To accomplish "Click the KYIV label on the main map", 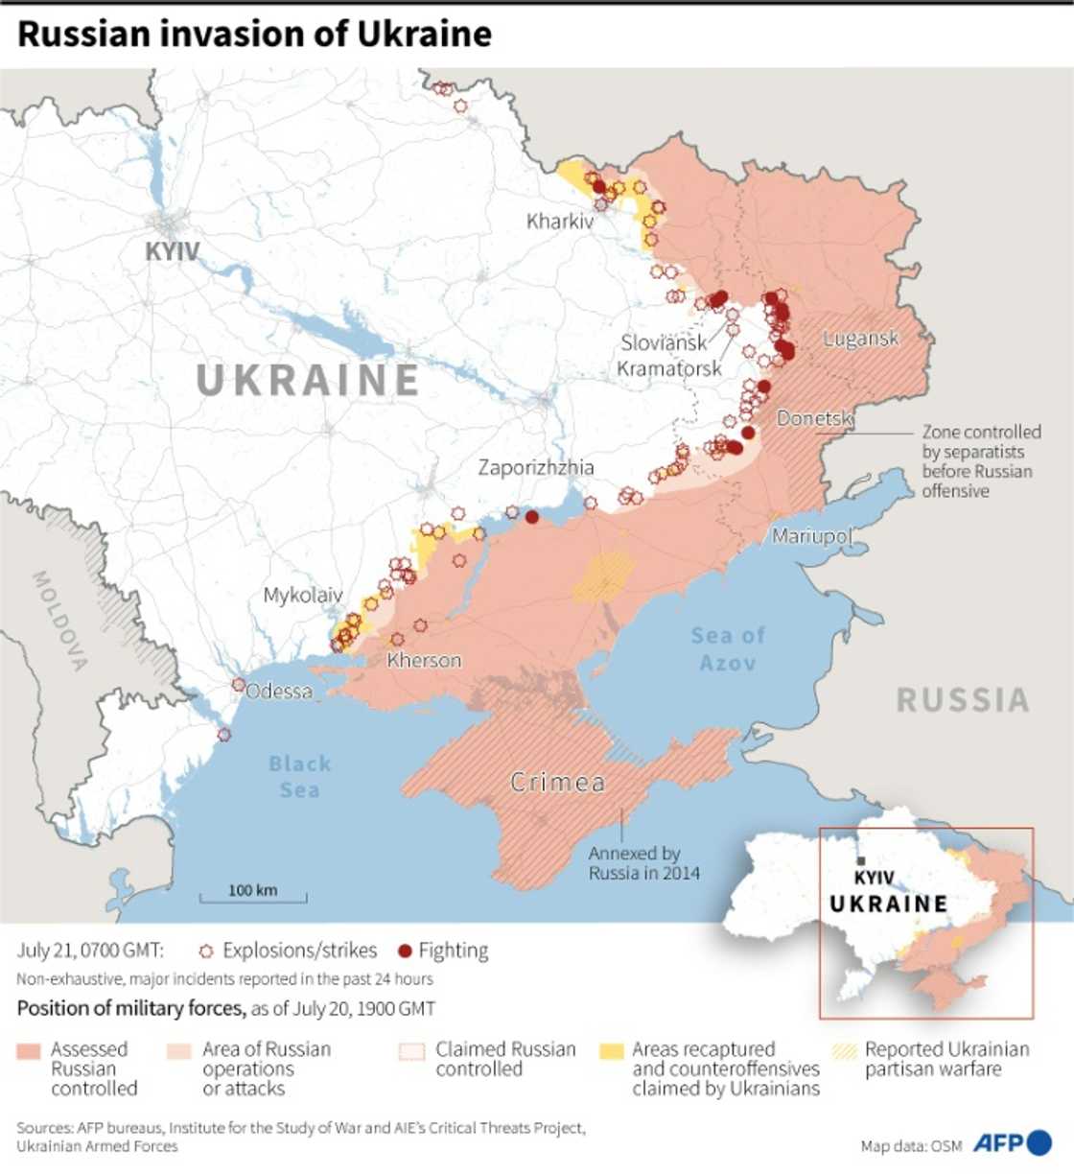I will pyautogui.click(x=173, y=251).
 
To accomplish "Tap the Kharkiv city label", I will pyautogui.click(x=560, y=222).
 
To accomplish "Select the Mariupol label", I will pyautogui.click(x=811, y=535).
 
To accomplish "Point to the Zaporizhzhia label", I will pyautogui.click(x=536, y=468).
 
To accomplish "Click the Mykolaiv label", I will pyautogui.click(x=303, y=596).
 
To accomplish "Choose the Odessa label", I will pyautogui.click(x=279, y=692).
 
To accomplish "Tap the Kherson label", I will pyautogui.click(x=424, y=661).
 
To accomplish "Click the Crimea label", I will pyautogui.click(x=557, y=783).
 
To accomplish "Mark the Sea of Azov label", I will pyautogui.click(x=728, y=648).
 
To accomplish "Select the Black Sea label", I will pyautogui.click(x=299, y=777).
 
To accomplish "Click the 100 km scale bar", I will pyautogui.click(x=253, y=896).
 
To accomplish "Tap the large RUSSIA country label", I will pyautogui.click(x=962, y=700).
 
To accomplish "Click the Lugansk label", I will pyautogui.click(x=861, y=338).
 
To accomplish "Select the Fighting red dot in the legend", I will pyautogui.click(x=405, y=951).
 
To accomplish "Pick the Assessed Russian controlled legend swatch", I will pyautogui.click(x=29, y=1051).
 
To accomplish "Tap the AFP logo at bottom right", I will pyautogui.click(x=1012, y=1142).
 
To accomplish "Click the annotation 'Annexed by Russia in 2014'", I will pyautogui.click(x=643, y=863).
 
